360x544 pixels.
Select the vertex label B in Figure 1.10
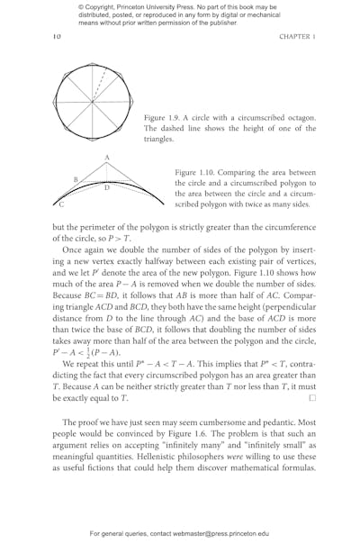pyautogui.click(x=76, y=179)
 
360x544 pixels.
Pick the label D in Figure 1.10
pyautogui.click(x=106, y=187)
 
